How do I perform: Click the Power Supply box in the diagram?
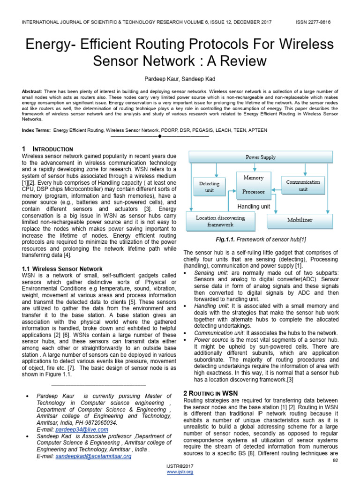(261, 157)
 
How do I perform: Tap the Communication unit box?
(303, 185)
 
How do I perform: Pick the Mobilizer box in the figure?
(300, 220)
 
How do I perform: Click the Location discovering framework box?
(220, 221)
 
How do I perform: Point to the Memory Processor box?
(253, 185)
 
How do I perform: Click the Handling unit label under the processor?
(253, 206)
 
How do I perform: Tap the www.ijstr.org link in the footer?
(180, 472)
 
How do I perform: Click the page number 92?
(335, 461)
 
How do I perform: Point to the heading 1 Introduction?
(47, 149)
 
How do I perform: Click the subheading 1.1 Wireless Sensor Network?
(62, 269)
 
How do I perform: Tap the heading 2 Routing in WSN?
(210, 393)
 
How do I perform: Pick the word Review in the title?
(243, 61)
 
